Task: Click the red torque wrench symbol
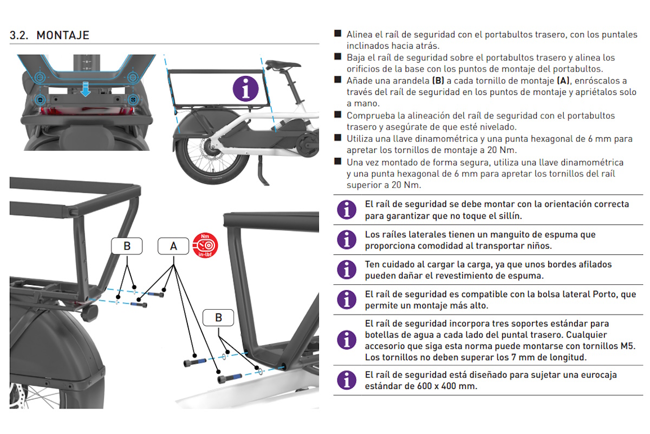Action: point(205,246)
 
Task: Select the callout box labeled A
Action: point(173,246)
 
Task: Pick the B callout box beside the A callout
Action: point(127,246)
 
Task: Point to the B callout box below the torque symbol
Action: point(218,317)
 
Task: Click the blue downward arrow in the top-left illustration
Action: point(85,90)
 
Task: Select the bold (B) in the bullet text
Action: point(438,80)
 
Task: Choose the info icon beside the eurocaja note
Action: point(347,380)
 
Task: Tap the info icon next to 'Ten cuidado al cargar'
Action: point(347,270)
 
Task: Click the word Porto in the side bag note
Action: point(596,294)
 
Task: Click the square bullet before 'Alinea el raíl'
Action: point(337,34)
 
